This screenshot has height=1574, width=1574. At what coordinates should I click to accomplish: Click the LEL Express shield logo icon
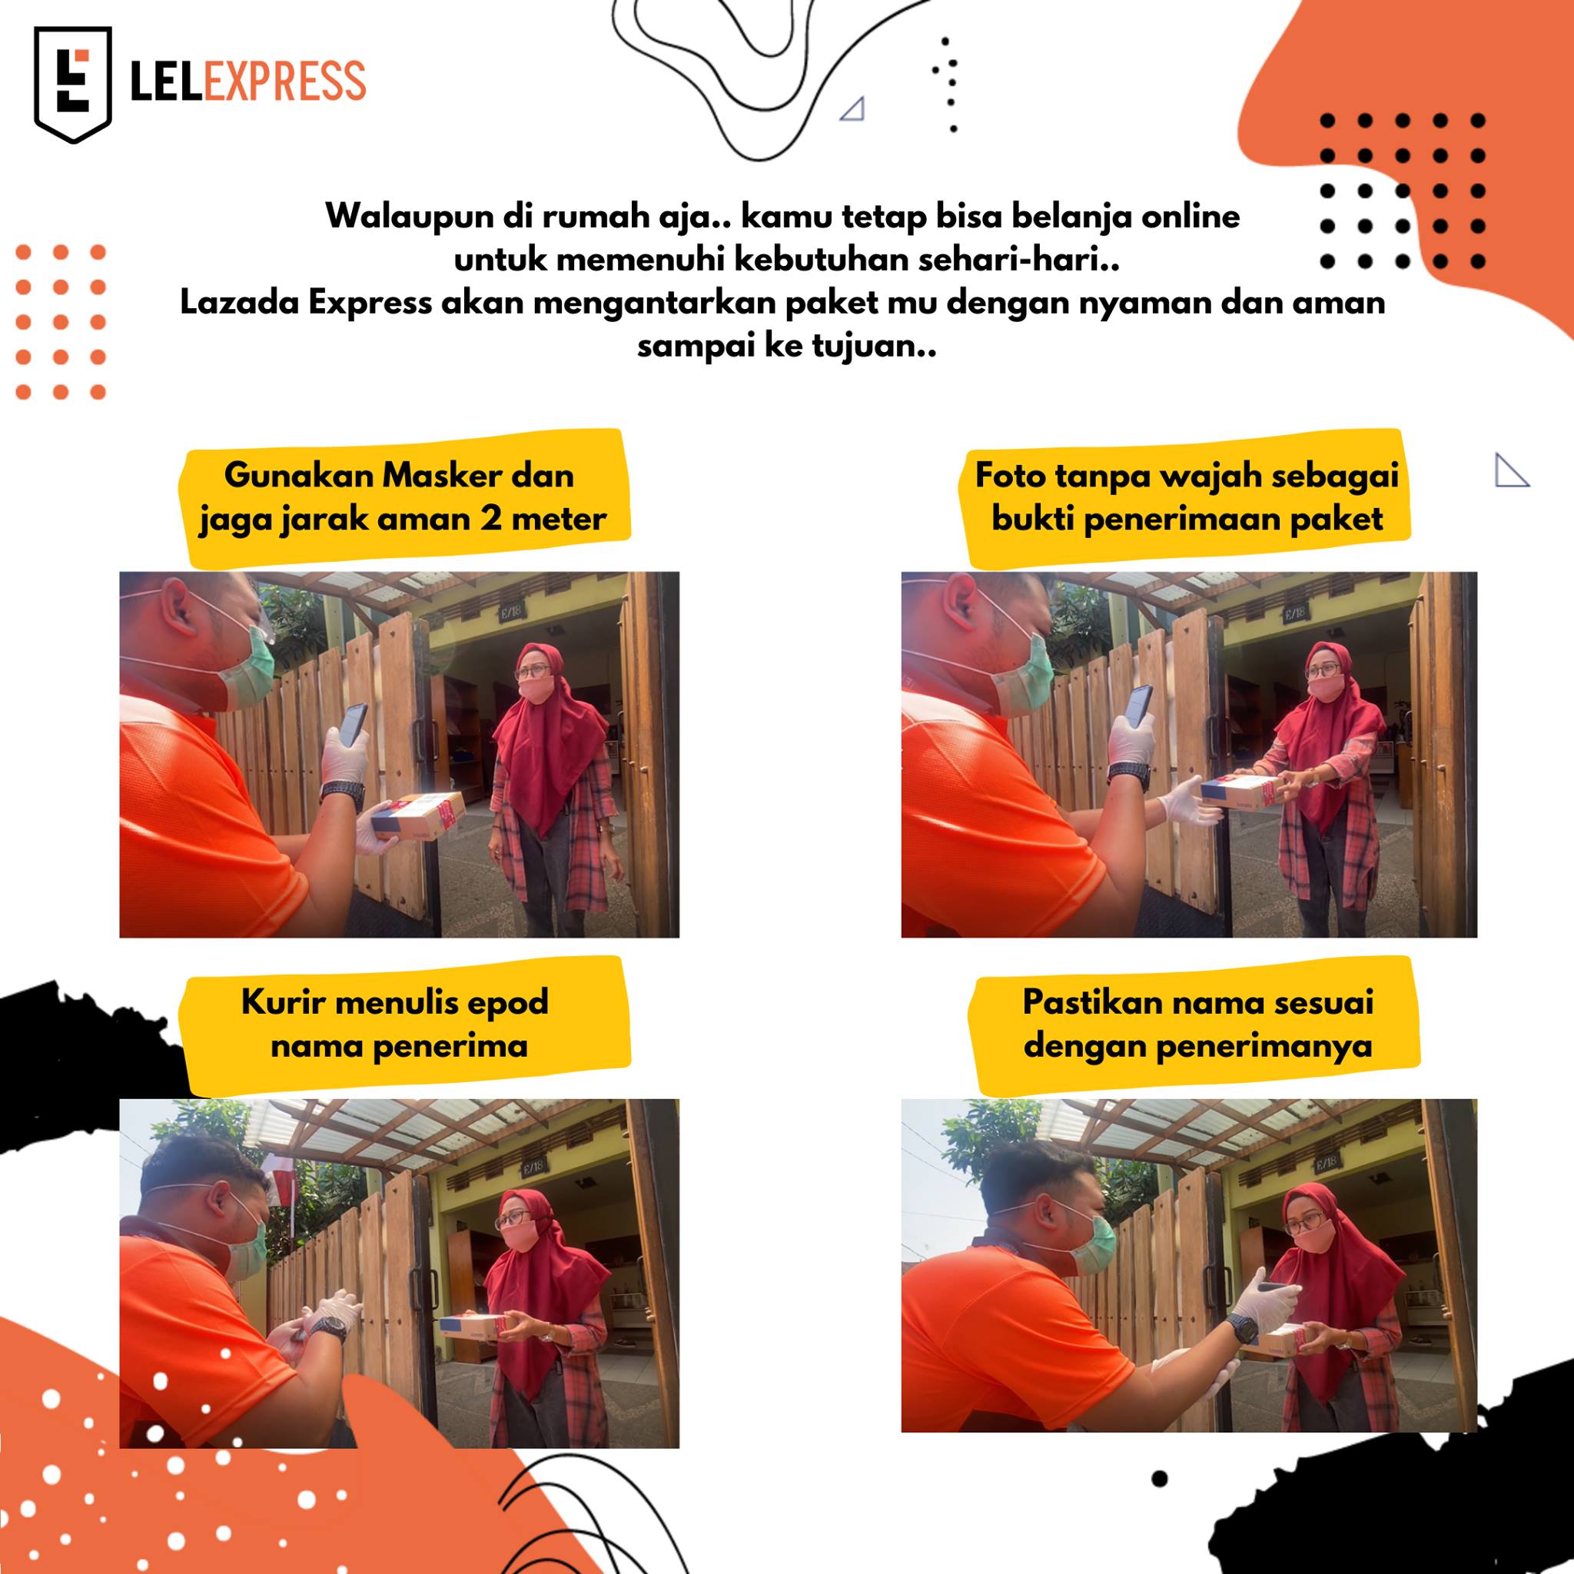click(x=72, y=85)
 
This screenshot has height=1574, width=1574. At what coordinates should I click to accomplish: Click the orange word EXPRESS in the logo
click(x=285, y=81)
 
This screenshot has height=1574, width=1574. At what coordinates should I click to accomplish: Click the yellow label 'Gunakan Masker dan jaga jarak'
click(x=403, y=497)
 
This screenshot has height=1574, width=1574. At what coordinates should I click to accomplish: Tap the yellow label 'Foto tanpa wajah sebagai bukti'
click(x=1186, y=497)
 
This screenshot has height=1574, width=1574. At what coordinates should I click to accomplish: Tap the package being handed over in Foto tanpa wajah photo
click(x=1237, y=791)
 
